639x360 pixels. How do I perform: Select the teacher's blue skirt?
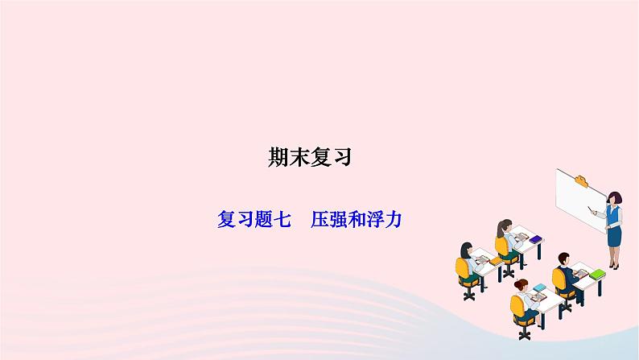(614, 237)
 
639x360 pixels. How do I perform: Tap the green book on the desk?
(596, 274)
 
